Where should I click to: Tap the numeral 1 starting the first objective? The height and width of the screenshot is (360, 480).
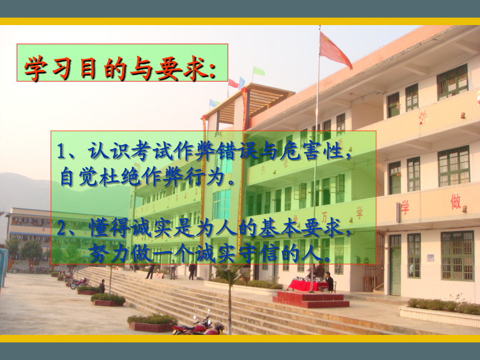(61, 151)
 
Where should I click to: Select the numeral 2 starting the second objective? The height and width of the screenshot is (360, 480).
(61, 229)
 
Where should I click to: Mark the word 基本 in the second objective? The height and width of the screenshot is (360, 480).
(279, 228)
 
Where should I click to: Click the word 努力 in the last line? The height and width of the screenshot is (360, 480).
(109, 253)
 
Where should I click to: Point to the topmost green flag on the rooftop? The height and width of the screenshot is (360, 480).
(259, 71)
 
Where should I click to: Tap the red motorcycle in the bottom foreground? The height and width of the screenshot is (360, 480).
(198, 325)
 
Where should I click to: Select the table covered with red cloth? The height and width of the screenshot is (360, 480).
(308, 285)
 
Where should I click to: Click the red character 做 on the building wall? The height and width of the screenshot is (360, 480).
(455, 201)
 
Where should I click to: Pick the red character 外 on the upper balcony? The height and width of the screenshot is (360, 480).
(423, 117)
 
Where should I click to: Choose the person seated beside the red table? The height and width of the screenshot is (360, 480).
(329, 282)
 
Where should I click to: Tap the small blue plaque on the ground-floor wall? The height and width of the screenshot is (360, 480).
(430, 258)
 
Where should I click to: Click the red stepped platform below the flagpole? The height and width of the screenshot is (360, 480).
(311, 299)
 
